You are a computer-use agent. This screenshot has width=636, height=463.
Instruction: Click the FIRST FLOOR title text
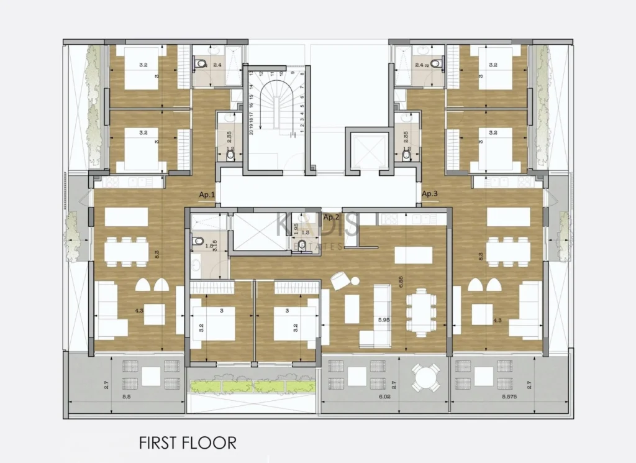[187, 442]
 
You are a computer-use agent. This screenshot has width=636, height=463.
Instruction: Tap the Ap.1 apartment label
[207, 195]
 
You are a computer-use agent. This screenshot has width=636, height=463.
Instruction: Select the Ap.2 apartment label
[332, 217]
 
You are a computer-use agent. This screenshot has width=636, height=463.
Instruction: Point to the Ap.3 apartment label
[430, 194]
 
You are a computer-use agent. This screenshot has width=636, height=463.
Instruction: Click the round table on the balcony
[427, 377]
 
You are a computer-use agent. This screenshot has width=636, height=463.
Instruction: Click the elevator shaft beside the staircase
[363, 150]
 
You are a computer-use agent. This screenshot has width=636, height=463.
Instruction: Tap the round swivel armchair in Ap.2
[340, 281]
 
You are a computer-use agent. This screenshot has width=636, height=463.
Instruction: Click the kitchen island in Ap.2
[414, 255]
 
